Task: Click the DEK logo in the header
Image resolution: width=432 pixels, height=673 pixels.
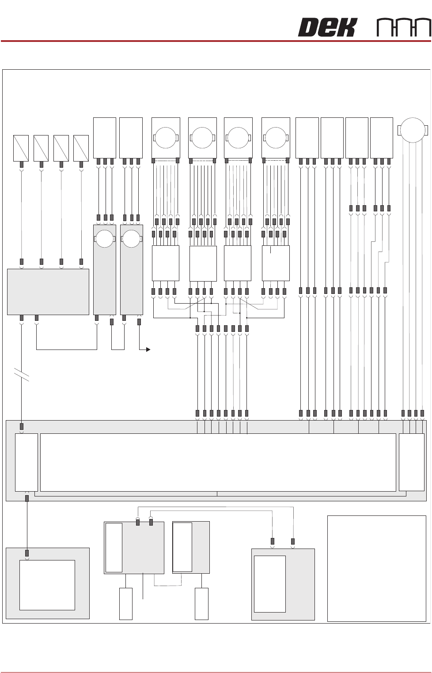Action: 327,27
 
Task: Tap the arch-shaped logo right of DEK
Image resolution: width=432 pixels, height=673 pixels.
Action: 404,28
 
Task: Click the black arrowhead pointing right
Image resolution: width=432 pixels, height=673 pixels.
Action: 148,350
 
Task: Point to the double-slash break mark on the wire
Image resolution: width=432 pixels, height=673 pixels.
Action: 22,375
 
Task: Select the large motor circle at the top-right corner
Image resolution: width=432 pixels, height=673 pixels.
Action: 413,130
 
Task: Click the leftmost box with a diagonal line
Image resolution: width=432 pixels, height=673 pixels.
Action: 21,148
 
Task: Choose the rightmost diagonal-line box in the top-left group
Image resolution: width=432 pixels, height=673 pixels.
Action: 81,148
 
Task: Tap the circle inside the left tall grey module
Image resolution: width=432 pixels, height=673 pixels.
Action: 105,239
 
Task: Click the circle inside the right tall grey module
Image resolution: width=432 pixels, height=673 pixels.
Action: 131,239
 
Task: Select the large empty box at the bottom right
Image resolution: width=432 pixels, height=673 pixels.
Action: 376,568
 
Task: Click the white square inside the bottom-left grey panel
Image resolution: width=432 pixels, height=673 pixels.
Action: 47,585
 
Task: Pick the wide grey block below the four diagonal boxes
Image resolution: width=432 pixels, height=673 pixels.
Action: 48,292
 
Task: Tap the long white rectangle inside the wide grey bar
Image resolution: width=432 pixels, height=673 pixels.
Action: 218,462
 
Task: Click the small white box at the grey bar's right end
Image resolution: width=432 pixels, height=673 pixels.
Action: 411,462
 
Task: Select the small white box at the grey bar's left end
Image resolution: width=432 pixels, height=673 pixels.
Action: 27,462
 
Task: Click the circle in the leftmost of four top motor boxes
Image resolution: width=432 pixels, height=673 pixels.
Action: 166,138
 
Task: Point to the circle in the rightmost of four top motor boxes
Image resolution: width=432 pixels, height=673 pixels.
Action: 276,138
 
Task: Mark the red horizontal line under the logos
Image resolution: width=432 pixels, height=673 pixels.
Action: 216,41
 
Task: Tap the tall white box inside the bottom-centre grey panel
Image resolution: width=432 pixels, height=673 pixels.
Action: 269,584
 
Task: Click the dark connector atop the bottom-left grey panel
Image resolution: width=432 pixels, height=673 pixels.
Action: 27,553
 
